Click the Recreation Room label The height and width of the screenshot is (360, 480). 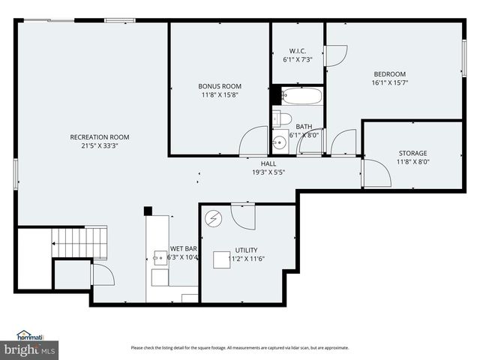click(x=100, y=136)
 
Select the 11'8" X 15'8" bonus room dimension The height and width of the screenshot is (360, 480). click(x=219, y=95)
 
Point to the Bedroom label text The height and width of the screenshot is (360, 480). click(x=391, y=73)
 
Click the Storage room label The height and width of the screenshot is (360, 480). click(x=412, y=153)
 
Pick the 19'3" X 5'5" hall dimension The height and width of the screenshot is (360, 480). click(x=268, y=172)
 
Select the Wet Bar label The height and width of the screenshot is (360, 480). click(x=183, y=248)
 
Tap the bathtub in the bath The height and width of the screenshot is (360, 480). click(x=303, y=96)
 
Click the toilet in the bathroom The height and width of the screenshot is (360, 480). click(x=281, y=118)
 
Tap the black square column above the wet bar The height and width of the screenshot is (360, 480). click(x=148, y=211)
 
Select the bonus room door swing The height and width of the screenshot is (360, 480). click(x=253, y=142)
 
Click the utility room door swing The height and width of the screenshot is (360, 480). click(x=243, y=217)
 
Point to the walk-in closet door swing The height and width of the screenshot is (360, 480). click(x=335, y=55)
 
